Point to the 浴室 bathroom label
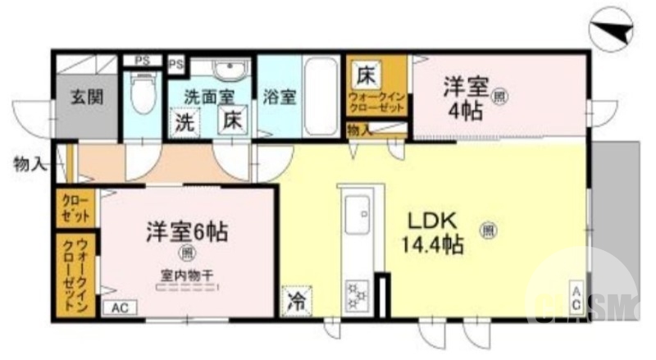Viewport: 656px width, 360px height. pos(280,96)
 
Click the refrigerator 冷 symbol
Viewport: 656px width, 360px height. pos(296,301)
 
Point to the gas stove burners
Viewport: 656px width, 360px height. pos(358,295)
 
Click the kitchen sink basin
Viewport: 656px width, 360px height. pos(358,217)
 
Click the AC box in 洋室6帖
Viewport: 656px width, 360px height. pos(119,308)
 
